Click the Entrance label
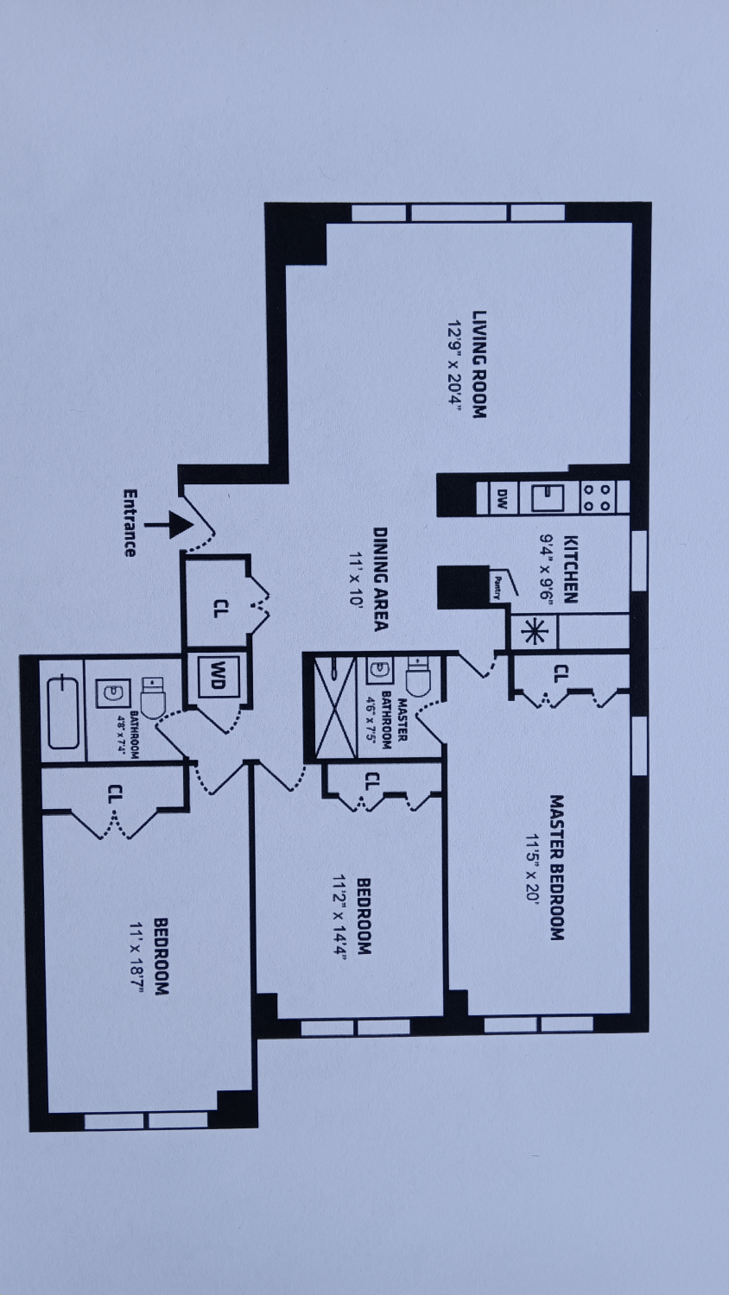tap(130, 523)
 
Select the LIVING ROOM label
tap(480, 364)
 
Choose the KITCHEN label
tap(570, 568)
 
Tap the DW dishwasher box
tap(501, 498)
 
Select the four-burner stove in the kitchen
tap(597, 497)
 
